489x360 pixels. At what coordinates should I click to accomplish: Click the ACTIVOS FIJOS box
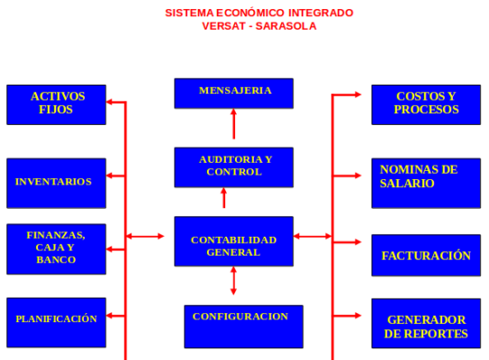tap(57, 104)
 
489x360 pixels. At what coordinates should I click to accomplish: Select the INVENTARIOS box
tap(57, 184)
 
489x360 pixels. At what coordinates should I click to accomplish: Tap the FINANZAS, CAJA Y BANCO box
tap(57, 249)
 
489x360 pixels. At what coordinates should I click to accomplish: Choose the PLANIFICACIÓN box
tap(57, 322)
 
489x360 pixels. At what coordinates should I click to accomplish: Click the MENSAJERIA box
tap(234, 94)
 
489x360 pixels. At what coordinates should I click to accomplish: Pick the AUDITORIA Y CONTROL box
tap(234, 167)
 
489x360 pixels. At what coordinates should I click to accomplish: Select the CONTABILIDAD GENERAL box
tap(234, 241)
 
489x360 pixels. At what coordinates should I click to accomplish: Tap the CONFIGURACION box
tap(243, 327)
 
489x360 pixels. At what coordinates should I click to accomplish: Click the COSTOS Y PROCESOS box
tap(426, 104)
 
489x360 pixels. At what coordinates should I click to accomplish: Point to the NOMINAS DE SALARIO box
tap(426, 184)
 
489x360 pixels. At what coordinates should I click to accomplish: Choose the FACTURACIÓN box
tap(426, 256)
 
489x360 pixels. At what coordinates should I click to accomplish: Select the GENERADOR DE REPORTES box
tap(426, 323)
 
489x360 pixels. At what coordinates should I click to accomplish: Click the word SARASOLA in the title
tap(286, 26)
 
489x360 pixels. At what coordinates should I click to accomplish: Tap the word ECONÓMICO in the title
tap(250, 13)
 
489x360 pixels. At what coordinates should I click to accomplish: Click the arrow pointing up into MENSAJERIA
tap(233, 123)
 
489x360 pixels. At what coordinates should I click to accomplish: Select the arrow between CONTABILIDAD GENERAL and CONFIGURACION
tap(233, 281)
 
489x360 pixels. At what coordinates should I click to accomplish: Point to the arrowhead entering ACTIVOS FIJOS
tap(110, 102)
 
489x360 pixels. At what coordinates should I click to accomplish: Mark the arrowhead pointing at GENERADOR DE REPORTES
tap(358, 316)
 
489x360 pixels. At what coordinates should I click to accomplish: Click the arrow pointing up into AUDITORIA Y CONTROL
tap(224, 198)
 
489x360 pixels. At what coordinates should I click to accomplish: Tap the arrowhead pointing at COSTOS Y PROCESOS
tap(358, 94)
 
